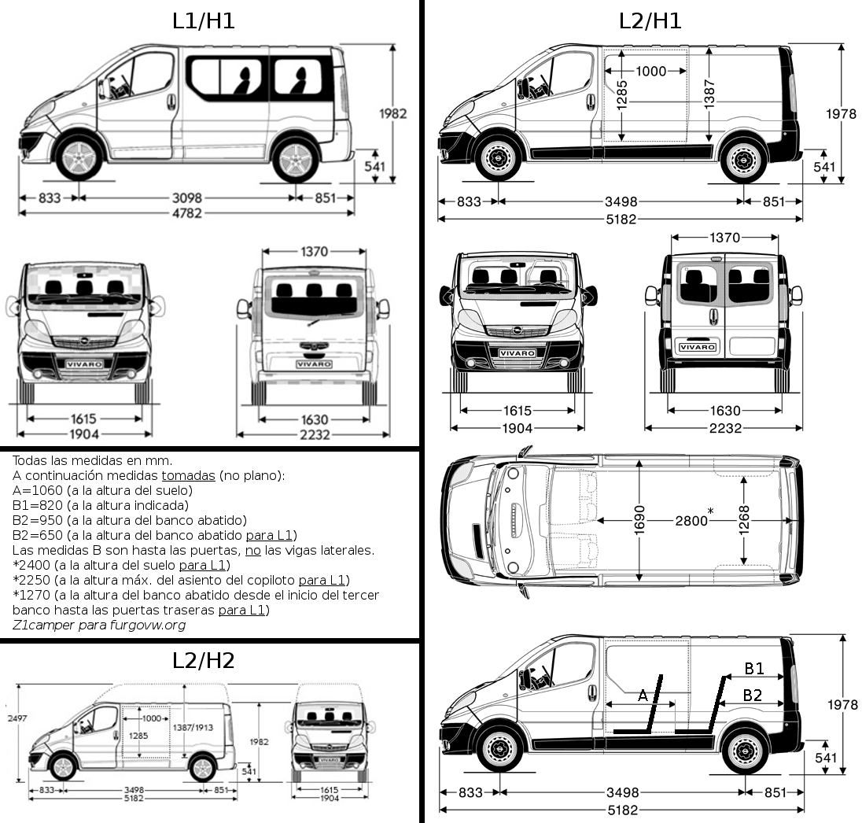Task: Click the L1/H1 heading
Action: pos(204,21)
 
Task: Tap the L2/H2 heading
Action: pos(204,660)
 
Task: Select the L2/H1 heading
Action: pos(650,21)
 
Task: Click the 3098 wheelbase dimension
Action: pos(187,197)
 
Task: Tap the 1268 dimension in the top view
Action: pos(744,519)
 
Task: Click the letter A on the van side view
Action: pos(643,695)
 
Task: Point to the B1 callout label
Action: pos(754,668)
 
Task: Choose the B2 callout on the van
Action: pos(753,695)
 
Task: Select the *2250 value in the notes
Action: pos(35,580)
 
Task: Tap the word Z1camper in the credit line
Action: pos(42,625)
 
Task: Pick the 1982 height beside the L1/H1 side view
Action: pos(392,113)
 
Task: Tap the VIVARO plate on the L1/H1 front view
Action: pos(84,364)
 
